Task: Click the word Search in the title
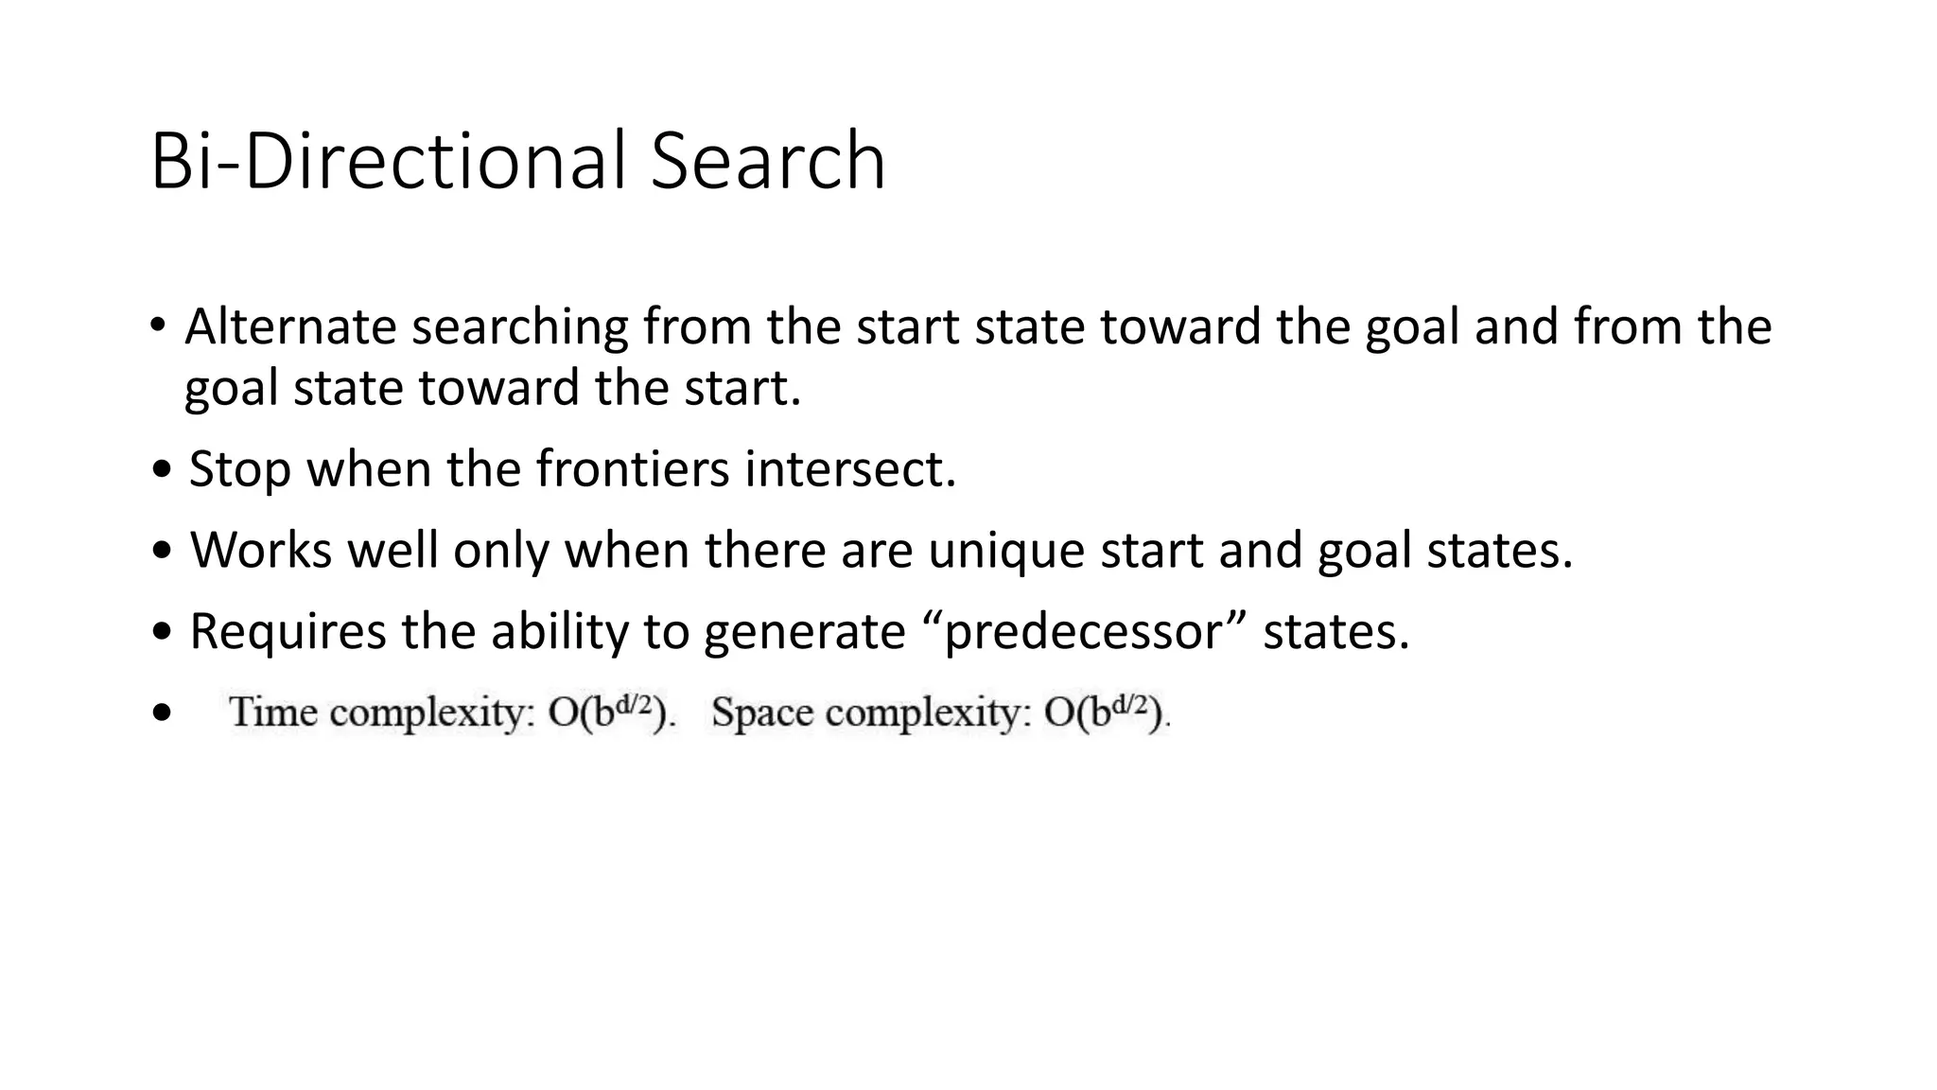tap(767, 162)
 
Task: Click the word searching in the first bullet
tap(520, 327)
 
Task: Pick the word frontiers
tap(633, 468)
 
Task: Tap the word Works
tap(261, 550)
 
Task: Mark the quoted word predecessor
tap(1084, 631)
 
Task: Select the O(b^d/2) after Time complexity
tap(611, 712)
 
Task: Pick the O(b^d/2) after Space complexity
tap(1105, 712)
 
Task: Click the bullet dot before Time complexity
tap(162, 712)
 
